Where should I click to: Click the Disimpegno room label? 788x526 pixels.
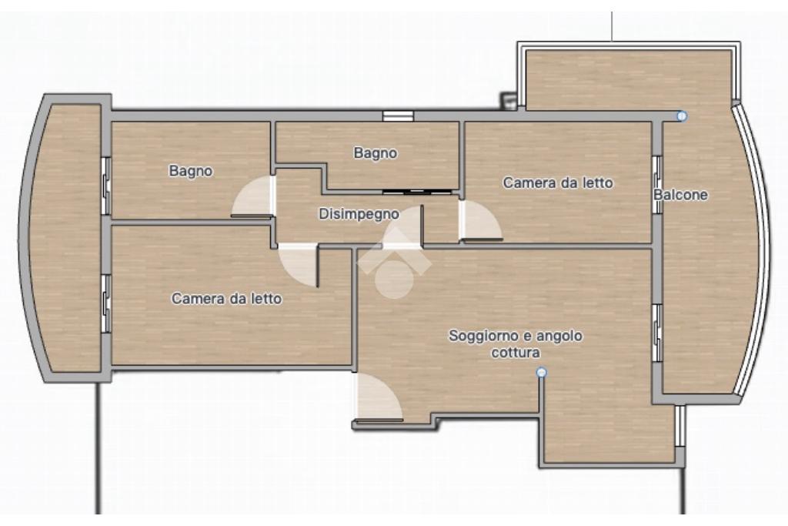pos(359,214)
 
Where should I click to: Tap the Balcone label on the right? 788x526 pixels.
pos(680,195)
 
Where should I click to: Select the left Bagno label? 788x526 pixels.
pos(191,172)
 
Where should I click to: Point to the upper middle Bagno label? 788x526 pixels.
pos(376,153)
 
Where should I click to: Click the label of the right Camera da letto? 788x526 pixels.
pos(558,183)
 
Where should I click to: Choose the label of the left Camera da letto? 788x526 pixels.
pos(227,299)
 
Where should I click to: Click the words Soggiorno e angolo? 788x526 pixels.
pos(516,336)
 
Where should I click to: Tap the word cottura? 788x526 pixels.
pos(516,353)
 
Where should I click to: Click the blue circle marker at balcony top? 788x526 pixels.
pos(682,116)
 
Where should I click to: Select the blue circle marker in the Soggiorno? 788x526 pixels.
pos(541,373)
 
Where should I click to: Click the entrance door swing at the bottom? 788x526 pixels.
pos(378,397)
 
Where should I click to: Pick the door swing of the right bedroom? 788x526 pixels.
pos(480,221)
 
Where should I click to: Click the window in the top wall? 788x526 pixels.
pos(398,116)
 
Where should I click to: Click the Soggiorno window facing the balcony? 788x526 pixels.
pos(657,333)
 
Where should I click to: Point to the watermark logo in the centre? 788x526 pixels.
pos(395,263)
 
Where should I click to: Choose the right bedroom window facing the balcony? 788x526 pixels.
pos(657,185)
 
